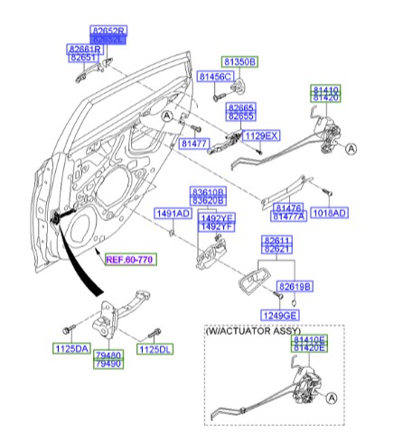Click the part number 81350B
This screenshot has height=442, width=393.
click(x=240, y=62)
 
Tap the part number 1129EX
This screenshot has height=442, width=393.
click(x=263, y=135)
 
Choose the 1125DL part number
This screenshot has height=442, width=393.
click(x=154, y=347)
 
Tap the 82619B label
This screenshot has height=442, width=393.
click(x=295, y=286)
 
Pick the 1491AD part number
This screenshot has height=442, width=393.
click(x=172, y=214)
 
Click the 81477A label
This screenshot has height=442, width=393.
click(x=288, y=217)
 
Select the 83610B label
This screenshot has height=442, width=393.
click(x=207, y=192)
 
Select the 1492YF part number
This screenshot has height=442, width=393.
click(x=216, y=228)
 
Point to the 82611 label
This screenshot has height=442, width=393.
click(x=277, y=241)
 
